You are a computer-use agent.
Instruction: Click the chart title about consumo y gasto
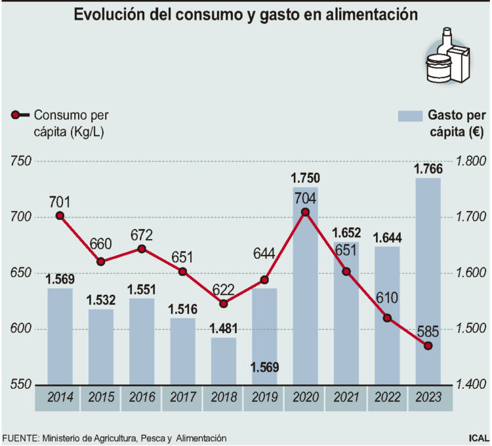pyautogui.click(x=245, y=14)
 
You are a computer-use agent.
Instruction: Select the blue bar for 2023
pyautogui.click(x=428, y=282)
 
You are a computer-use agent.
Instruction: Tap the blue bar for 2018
pyautogui.click(x=223, y=360)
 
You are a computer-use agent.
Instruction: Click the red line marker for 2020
pyautogui.click(x=305, y=212)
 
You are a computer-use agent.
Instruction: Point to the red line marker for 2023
pyautogui.click(x=428, y=346)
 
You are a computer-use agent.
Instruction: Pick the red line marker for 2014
pyautogui.click(x=60, y=215)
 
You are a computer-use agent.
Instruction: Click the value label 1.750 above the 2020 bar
pyautogui.click(x=305, y=178)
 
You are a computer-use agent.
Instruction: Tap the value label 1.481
pyautogui.click(x=223, y=328)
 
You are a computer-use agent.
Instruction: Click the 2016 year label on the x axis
pyautogui.click(x=142, y=397)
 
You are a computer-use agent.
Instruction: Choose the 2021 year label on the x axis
pyautogui.click(x=346, y=397)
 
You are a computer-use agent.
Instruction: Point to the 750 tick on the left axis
pyautogui.click(x=21, y=162)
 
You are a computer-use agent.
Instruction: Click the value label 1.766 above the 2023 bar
pyautogui.click(x=428, y=169)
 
